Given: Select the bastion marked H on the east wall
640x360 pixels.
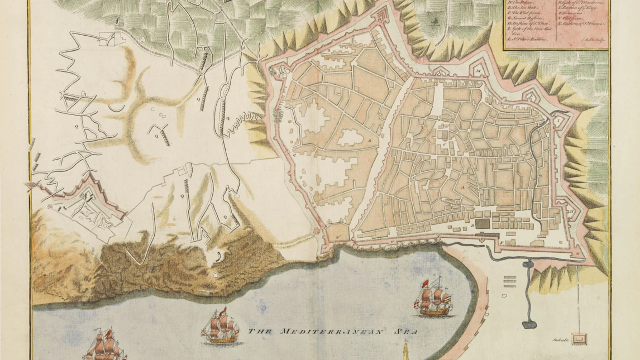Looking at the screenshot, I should pyautogui.click(x=572, y=211).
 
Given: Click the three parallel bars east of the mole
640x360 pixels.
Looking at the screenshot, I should pyautogui.click(x=510, y=282).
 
